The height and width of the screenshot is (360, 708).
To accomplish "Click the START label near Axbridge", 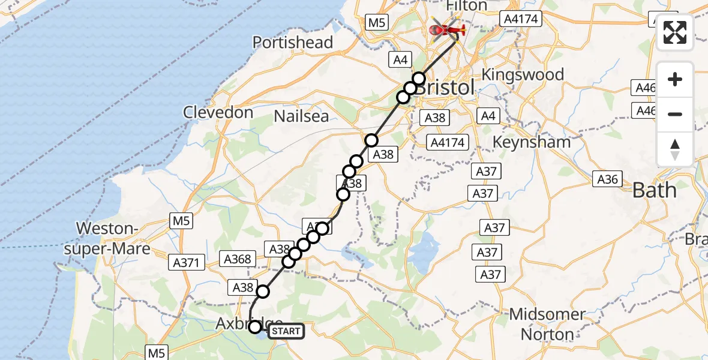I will click(x=286, y=331).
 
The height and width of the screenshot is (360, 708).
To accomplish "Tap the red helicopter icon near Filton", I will click(x=447, y=28).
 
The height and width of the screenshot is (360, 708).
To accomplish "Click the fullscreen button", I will click(x=675, y=32).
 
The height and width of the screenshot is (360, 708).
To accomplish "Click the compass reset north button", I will click(x=675, y=149).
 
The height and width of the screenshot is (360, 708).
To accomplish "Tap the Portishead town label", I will click(x=293, y=43).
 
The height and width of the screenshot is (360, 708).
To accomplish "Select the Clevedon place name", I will click(x=218, y=112).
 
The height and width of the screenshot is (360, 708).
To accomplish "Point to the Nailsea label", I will click(x=301, y=116).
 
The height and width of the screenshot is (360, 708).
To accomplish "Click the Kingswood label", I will click(x=523, y=75).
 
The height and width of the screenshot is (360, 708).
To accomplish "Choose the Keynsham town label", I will click(x=531, y=142).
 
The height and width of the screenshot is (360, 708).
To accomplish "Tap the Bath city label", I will click(x=654, y=191).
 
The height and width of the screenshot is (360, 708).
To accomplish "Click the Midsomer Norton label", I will click(x=547, y=323).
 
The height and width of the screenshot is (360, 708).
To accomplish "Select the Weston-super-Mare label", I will click(x=107, y=238).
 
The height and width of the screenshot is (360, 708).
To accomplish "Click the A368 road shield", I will click(x=237, y=259).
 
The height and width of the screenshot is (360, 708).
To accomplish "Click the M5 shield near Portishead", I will click(x=376, y=23).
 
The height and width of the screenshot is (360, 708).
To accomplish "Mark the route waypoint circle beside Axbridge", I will click(x=255, y=327).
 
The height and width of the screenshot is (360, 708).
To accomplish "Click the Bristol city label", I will click(x=445, y=88).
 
